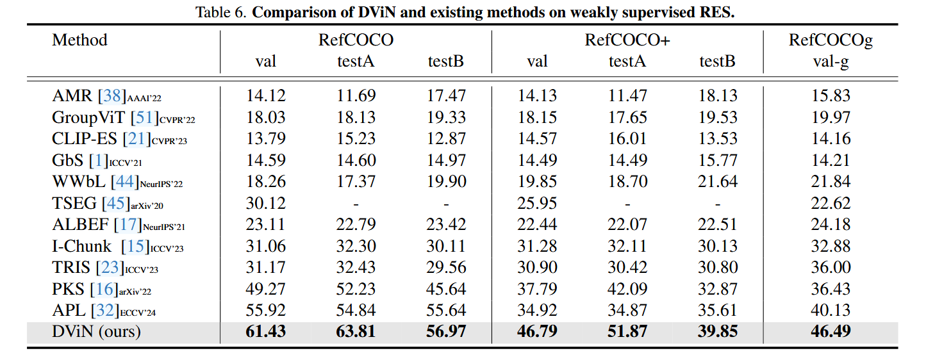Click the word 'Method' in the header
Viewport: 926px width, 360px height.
click(x=79, y=40)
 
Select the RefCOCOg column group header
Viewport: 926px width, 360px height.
click(x=831, y=40)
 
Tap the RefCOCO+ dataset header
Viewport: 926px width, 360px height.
click(x=627, y=40)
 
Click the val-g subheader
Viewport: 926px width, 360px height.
click(x=831, y=61)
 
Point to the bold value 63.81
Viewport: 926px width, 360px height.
click(x=356, y=332)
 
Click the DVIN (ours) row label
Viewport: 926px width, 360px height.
click(x=96, y=332)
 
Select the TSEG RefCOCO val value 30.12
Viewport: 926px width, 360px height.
click(x=266, y=203)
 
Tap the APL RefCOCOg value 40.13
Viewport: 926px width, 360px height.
click(x=831, y=311)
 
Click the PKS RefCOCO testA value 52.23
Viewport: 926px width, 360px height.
click(x=356, y=289)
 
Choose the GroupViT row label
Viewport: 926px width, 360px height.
click(x=88, y=117)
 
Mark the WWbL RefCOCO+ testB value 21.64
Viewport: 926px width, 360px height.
click(x=718, y=182)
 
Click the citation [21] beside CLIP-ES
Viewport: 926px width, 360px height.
click(x=140, y=139)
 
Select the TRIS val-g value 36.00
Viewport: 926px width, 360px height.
click(x=831, y=268)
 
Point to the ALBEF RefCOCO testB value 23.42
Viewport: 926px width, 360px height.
click(x=447, y=225)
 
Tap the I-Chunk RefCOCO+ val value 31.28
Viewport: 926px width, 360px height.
click(x=537, y=247)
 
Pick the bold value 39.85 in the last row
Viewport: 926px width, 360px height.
click(x=718, y=332)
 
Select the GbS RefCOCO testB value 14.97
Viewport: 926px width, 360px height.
click(x=447, y=160)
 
